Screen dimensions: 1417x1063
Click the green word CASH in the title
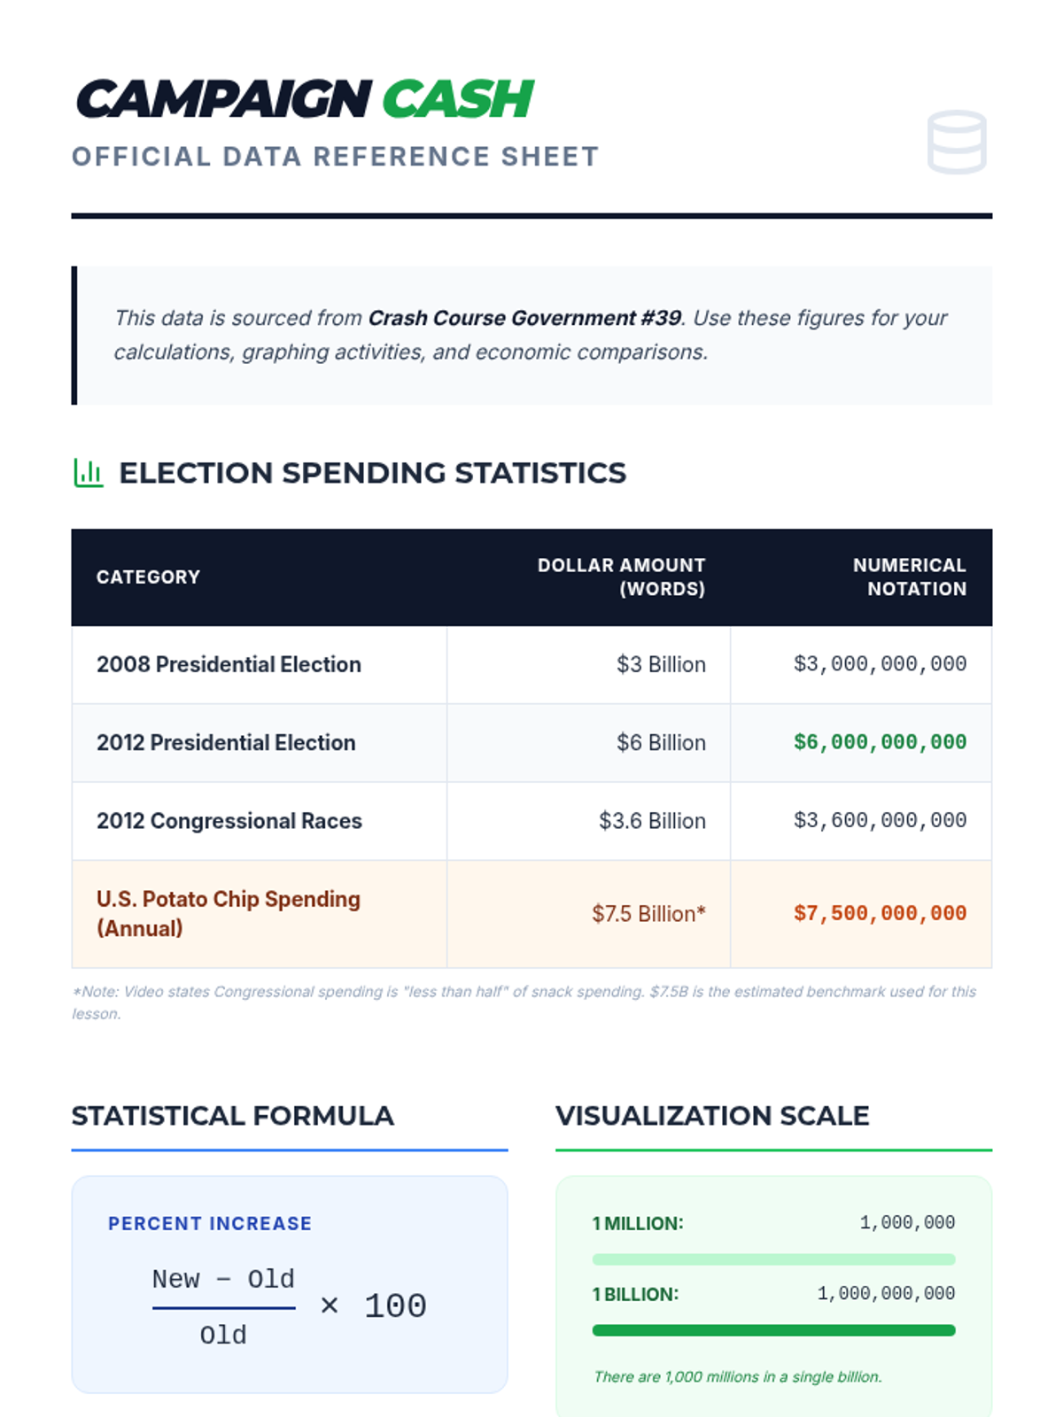click(458, 98)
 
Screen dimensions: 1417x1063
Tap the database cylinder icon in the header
click(957, 142)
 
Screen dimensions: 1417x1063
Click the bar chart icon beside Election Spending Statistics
click(88, 473)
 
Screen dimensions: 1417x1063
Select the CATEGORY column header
click(148, 577)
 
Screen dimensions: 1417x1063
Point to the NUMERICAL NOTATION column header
click(909, 577)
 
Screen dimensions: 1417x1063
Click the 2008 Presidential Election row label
click(229, 664)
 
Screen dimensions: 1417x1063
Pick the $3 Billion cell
click(661, 664)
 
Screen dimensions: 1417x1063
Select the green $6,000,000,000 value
click(880, 742)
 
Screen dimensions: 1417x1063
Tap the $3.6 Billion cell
click(652, 821)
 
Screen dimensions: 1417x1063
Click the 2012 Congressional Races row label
click(229, 821)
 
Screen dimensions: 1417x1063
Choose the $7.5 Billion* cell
click(648, 914)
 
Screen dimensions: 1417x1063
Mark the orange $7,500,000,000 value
click(880, 914)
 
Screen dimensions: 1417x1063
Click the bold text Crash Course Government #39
click(524, 318)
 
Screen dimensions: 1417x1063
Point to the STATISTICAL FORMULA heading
click(232, 1116)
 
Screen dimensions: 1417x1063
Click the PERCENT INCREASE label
click(210, 1224)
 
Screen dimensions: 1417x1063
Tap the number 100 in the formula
click(395, 1306)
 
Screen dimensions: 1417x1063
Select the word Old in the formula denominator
click(223, 1335)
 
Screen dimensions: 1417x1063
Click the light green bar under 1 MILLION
click(773, 1259)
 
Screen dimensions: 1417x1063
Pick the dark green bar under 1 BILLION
click(773, 1330)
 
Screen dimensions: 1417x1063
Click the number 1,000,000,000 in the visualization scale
click(886, 1294)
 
